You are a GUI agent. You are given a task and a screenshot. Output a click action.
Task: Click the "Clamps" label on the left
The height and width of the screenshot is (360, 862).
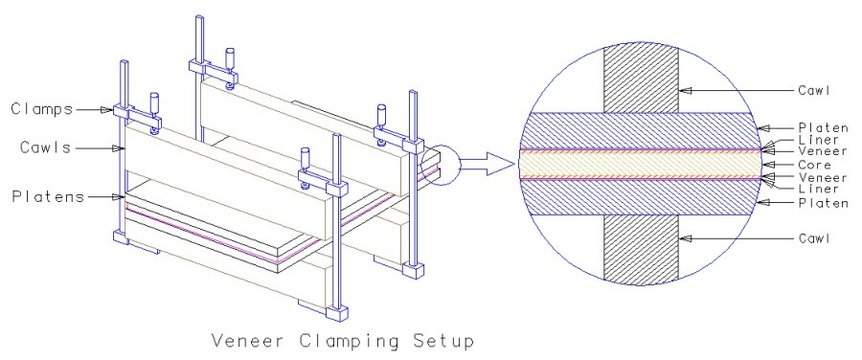pyautogui.click(x=42, y=109)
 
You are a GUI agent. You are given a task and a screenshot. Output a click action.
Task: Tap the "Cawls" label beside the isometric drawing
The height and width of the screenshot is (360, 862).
pyautogui.click(x=46, y=147)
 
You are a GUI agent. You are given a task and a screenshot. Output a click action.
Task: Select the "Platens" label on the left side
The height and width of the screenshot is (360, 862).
pyautogui.click(x=49, y=196)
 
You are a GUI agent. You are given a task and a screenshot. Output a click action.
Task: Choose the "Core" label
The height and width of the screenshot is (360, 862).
pyautogui.click(x=815, y=165)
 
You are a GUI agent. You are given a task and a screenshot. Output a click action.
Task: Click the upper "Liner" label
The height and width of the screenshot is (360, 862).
pyautogui.click(x=818, y=141)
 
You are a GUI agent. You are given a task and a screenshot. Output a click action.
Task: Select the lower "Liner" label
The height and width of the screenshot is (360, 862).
pyautogui.click(x=818, y=189)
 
